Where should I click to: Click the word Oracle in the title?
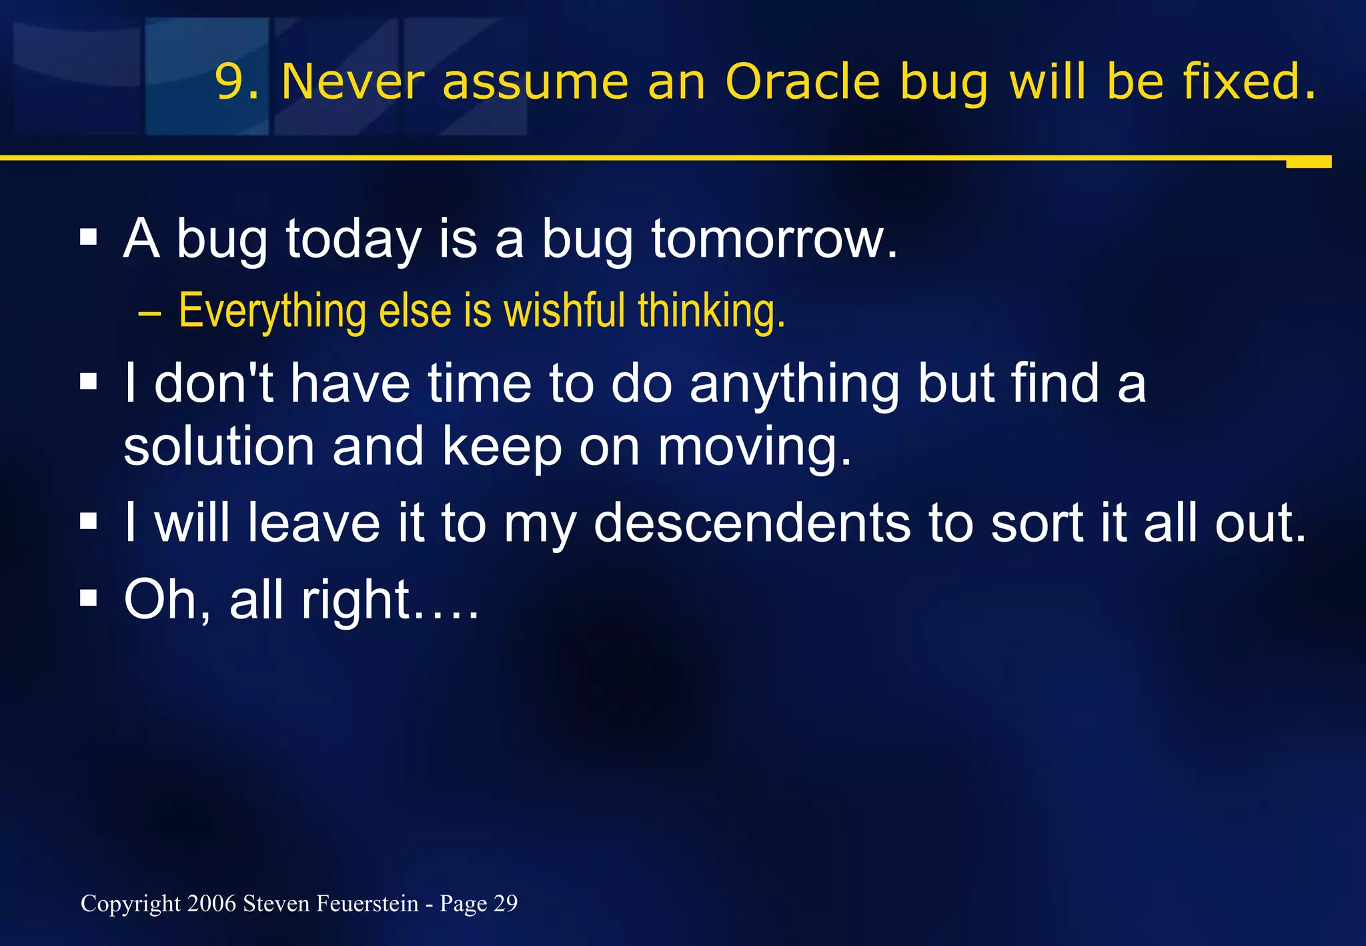(x=802, y=82)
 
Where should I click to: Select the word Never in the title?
(x=352, y=82)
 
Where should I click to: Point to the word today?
(x=354, y=240)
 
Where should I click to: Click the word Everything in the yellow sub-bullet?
(x=272, y=312)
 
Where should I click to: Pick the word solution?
(x=219, y=446)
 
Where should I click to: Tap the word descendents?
(x=752, y=523)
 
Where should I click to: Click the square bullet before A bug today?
(x=88, y=237)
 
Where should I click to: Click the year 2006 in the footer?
(x=211, y=903)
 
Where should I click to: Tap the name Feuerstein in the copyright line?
(x=367, y=903)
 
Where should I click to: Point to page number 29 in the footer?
(x=506, y=903)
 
